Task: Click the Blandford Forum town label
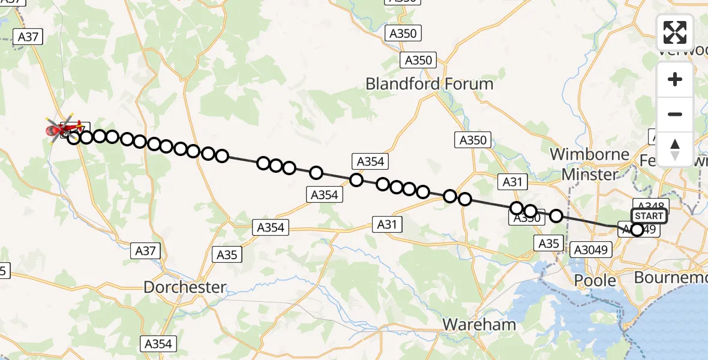point(430,84)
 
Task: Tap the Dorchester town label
point(185,287)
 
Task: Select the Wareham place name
point(479,325)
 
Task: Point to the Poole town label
point(595,280)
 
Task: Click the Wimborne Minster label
point(589,164)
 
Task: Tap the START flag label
point(648,216)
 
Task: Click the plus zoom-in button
point(675,80)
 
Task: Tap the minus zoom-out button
point(675,114)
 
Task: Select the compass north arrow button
point(675,149)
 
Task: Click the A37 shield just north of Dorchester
point(146,251)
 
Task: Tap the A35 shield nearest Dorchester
point(227,254)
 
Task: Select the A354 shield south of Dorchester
point(158,344)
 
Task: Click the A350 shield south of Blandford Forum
point(474,140)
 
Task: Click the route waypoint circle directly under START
point(637,229)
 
